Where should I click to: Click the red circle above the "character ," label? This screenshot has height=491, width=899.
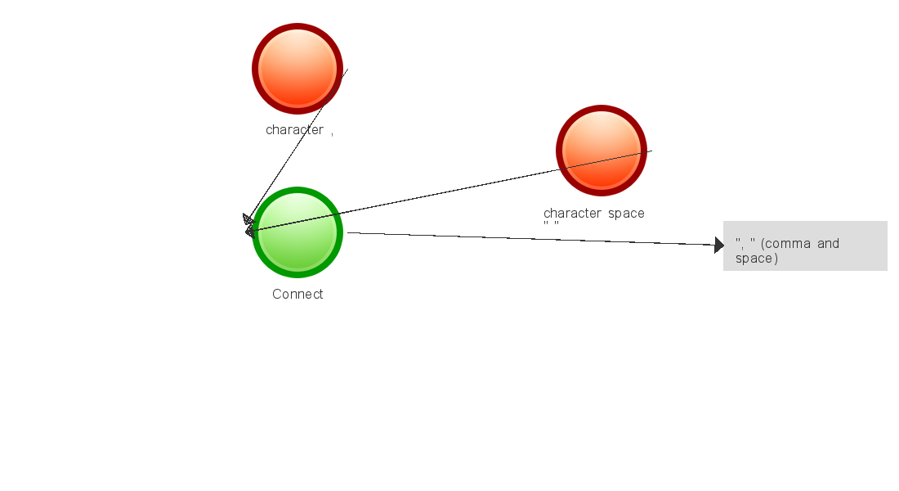[297, 69]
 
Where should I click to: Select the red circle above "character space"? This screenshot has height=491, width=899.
[602, 151]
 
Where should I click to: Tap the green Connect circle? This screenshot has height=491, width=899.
[297, 232]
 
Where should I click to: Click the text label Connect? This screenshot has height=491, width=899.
[297, 295]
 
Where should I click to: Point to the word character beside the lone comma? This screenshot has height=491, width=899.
[295, 130]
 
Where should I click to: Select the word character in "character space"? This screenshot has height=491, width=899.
[573, 214]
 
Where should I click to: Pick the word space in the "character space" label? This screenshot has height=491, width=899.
[626, 214]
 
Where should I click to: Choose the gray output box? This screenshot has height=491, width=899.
[805, 245]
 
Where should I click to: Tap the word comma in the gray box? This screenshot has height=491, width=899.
[789, 244]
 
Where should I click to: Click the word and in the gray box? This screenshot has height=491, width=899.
[828, 244]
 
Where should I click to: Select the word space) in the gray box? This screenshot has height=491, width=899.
[757, 259]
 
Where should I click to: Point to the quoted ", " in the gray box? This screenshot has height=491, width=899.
[745, 243]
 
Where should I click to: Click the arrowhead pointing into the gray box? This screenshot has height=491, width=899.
[719, 245]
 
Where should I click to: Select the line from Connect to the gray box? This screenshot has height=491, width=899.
[531, 239]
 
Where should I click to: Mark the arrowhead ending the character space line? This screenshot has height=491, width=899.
[250, 232]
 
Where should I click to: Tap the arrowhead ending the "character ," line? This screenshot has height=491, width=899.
[248, 218]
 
